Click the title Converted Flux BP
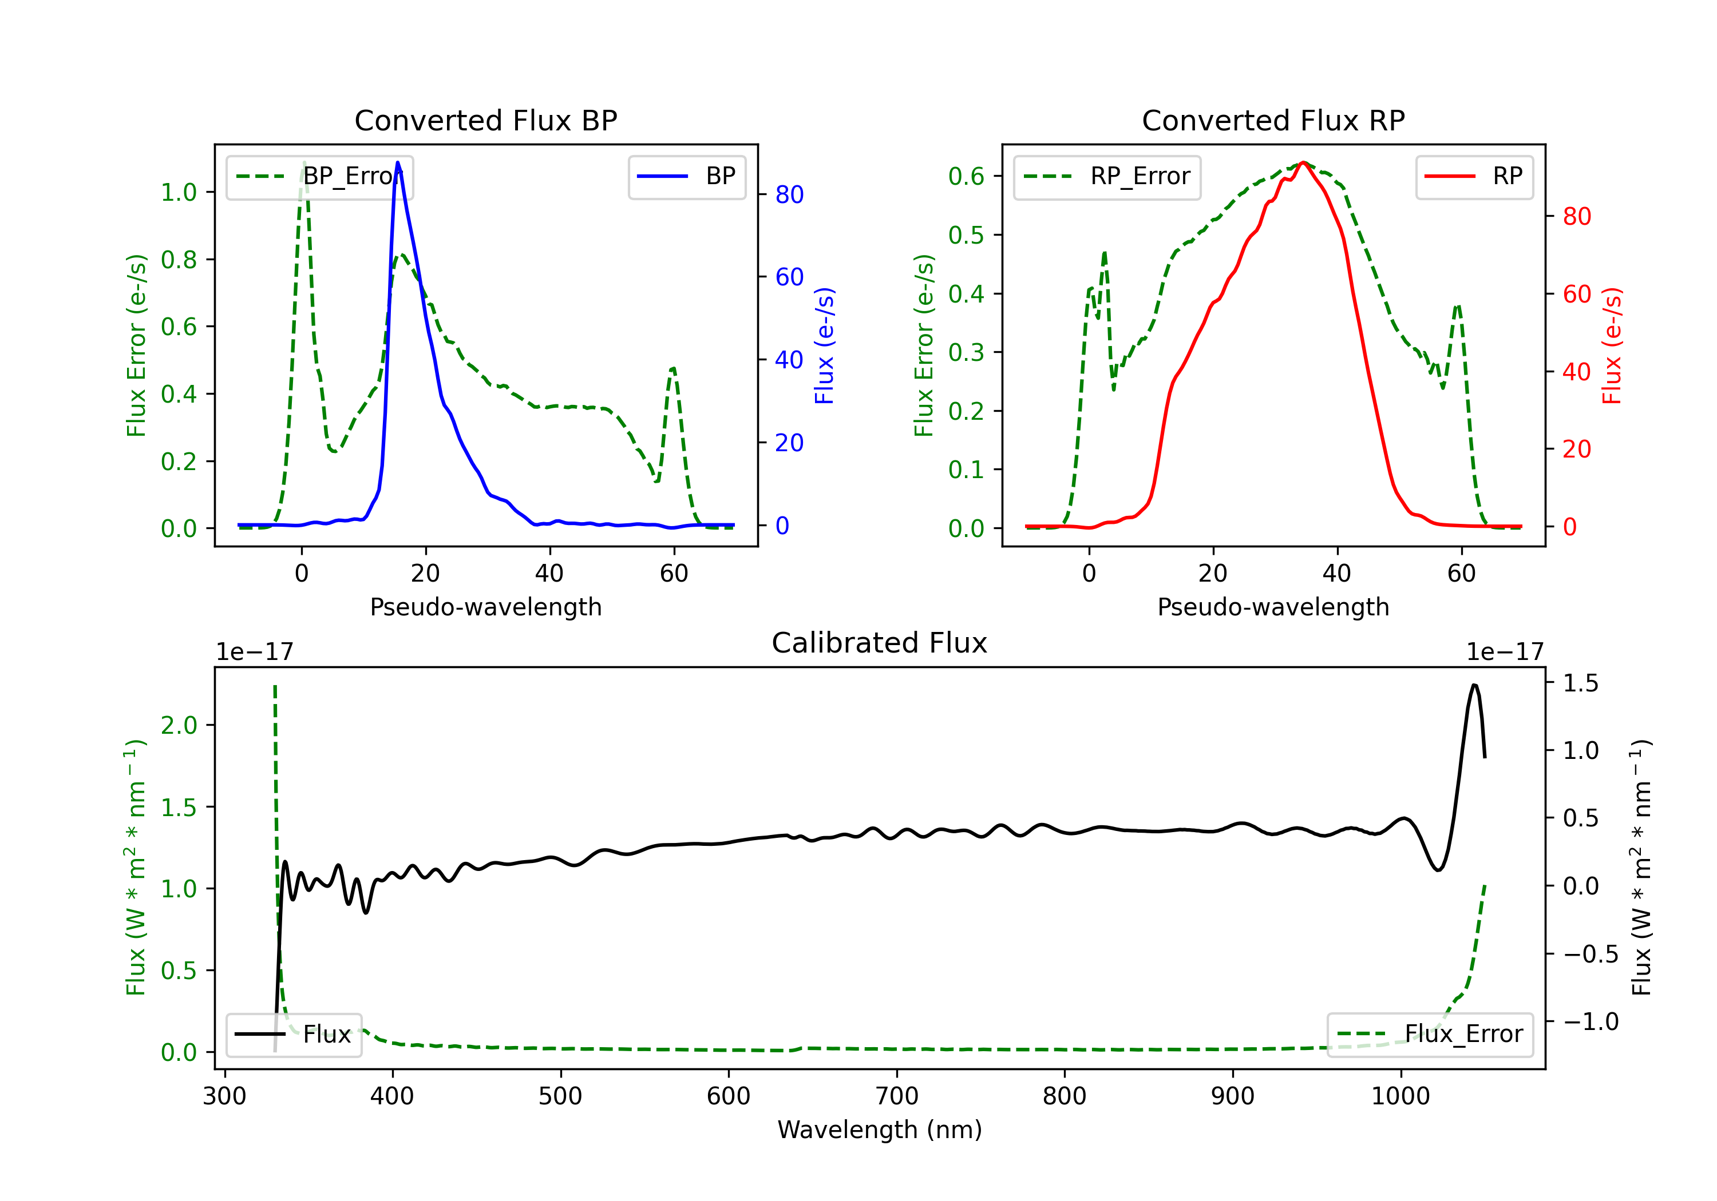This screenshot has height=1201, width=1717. point(486,120)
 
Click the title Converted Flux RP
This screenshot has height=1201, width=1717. point(1273,120)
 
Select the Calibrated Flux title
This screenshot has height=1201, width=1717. point(880,643)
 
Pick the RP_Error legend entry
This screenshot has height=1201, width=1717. point(1107,176)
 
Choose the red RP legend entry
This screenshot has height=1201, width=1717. point(1474,176)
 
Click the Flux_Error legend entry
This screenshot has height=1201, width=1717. point(1430,1035)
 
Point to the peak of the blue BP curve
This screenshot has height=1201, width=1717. point(398,162)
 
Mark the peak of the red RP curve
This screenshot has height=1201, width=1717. point(1303,162)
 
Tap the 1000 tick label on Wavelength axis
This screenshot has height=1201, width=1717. point(1400,1096)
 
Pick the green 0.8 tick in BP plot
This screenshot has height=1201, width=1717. point(179,259)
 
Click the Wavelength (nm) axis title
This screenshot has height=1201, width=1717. point(880,1130)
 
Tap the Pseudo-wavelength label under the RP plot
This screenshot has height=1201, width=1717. point(1273,607)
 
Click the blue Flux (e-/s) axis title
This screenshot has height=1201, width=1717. point(824,345)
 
